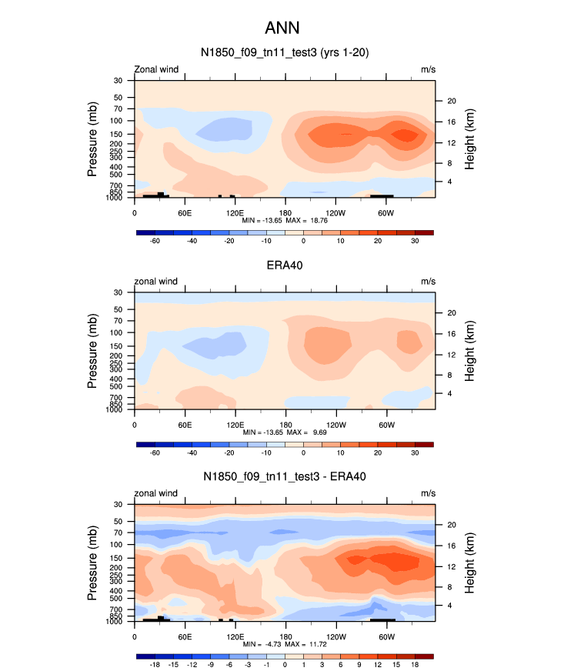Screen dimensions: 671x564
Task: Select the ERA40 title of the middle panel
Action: pos(284,265)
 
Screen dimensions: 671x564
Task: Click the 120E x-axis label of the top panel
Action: pos(235,212)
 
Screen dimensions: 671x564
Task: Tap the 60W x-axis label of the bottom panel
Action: pos(386,636)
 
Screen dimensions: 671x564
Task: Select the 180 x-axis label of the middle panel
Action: pos(285,425)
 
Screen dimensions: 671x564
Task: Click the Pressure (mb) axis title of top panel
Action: pos(92,139)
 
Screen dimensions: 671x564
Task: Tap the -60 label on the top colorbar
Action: pos(154,241)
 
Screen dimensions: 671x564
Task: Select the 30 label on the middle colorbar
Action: pos(415,453)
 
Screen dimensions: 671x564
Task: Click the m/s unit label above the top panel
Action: pos(428,69)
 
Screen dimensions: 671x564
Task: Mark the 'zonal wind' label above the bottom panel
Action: pos(157,492)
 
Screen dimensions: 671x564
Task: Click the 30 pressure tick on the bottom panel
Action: pos(119,504)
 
